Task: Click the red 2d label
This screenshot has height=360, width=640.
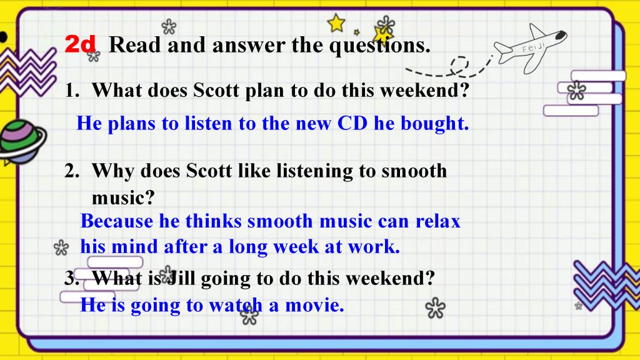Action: [80, 44]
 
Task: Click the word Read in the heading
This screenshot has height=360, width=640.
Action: [135, 44]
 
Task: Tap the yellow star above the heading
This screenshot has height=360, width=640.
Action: [336, 23]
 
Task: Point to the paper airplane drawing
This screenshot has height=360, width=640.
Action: [530, 48]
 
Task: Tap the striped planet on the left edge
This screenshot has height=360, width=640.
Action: [21, 141]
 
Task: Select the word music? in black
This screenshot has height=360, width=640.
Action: [123, 198]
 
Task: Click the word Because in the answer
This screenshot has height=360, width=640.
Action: [117, 221]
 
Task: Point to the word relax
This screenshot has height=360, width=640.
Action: [438, 221]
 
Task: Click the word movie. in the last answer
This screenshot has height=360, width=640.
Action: [314, 305]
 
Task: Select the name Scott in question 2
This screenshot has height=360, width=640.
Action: [209, 171]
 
